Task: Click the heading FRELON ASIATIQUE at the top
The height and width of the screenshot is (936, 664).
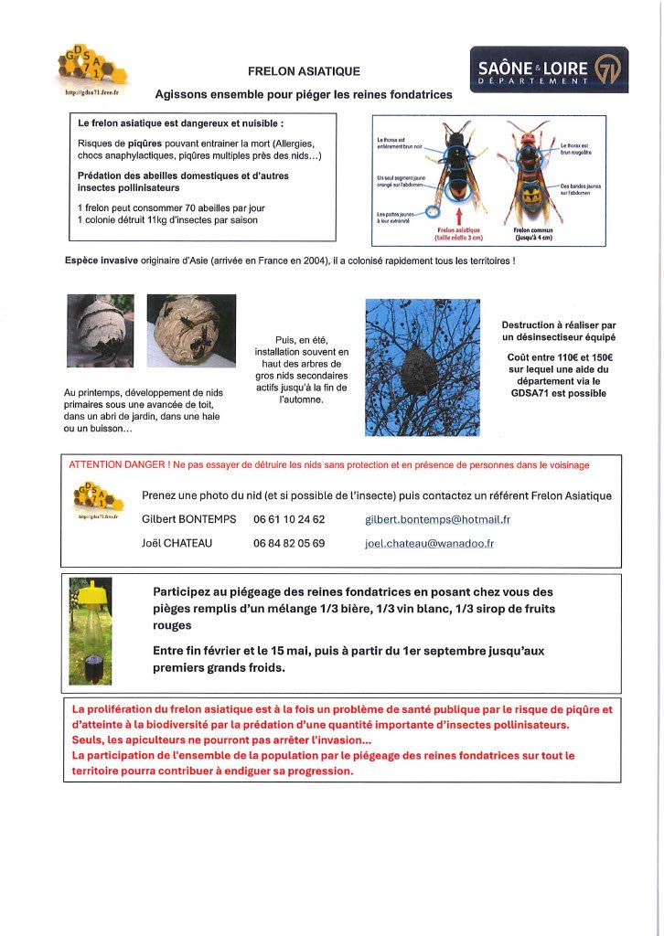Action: pyautogui.click(x=305, y=71)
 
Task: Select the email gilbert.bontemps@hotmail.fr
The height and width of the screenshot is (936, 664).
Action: pyautogui.click(x=437, y=519)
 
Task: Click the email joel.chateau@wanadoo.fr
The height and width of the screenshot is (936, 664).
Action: pyautogui.click(x=429, y=543)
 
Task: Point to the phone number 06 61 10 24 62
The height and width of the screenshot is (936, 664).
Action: pyautogui.click(x=289, y=519)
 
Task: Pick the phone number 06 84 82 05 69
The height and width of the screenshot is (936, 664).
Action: pyautogui.click(x=289, y=543)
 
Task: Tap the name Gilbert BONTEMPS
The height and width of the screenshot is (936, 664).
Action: pyautogui.click(x=189, y=519)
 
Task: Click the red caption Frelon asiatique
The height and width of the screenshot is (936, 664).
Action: pyautogui.click(x=458, y=231)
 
